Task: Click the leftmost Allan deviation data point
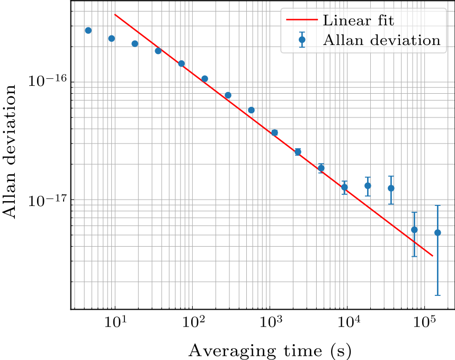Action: pyautogui.click(x=88, y=30)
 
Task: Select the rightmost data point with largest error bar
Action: pyautogui.click(x=438, y=232)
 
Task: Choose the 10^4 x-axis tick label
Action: pyautogui.click(x=348, y=322)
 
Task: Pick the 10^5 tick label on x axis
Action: pyautogui.click(x=425, y=322)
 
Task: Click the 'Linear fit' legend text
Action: pyautogui.click(x=358, y=21)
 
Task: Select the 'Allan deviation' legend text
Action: pyautogui.click(x=381, y=40)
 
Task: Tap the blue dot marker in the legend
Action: pyautogui.click(x=302, y=40)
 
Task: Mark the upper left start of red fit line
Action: pyautogui.click(x=115, y=14)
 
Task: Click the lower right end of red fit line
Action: pyautogui.click(x=433, y=256)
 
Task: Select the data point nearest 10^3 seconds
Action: pyautogui.click(x=274, y=132)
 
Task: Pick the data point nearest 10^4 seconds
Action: pyautogui.click(x=344, y=187)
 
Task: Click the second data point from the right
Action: pyautogui.click(x=414, y=229)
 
